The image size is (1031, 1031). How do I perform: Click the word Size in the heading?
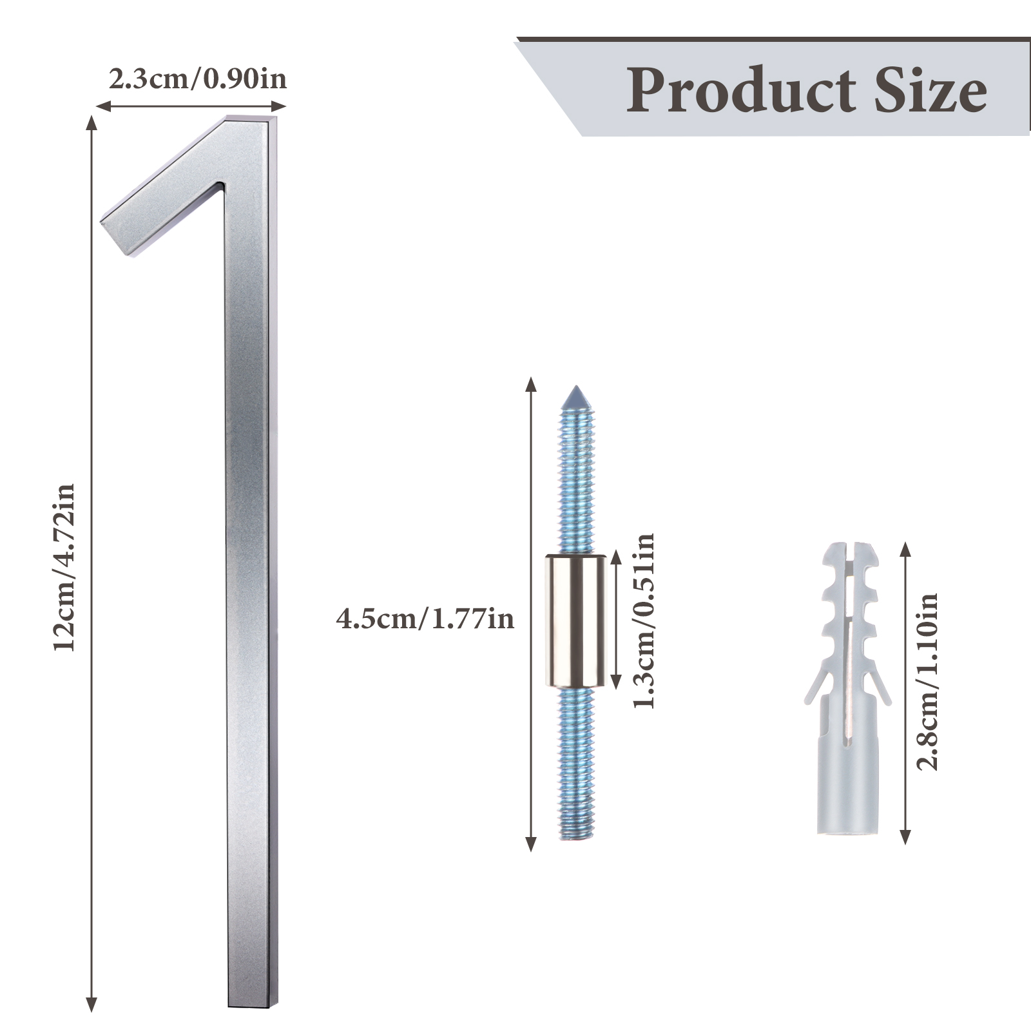click(930, 90)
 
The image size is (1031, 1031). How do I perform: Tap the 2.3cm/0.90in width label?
click(197, 79)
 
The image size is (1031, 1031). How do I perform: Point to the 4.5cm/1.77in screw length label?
click(425, 619)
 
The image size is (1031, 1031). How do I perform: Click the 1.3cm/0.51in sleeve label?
click(643, 621)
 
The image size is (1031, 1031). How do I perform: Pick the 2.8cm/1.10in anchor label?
click(928, 682)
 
